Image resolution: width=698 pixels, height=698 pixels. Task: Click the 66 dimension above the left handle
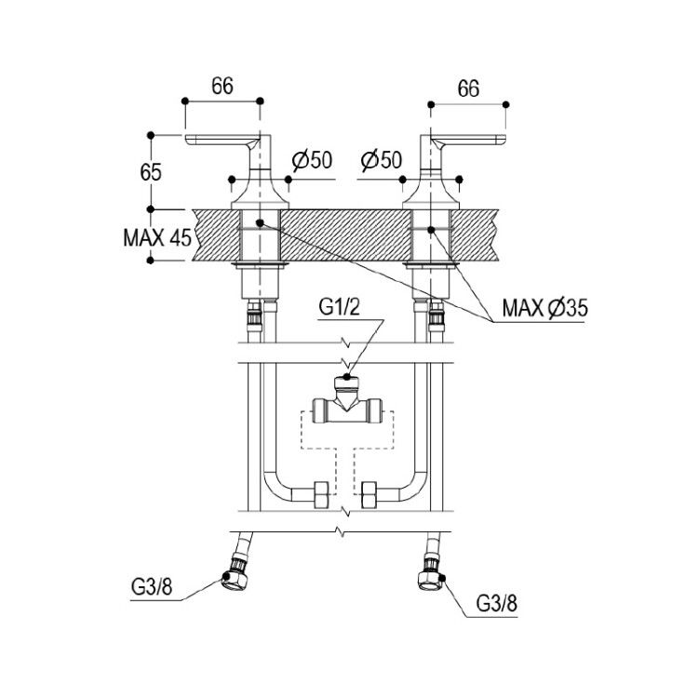(222, 86)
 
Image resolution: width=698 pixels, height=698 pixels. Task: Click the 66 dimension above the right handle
(468, 88)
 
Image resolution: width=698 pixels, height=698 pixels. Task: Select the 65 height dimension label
(151, 172)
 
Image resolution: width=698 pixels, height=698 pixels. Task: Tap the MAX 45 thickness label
(157, 237)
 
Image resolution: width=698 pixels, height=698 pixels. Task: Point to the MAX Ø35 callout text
(545, 308)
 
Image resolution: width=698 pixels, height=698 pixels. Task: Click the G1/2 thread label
(339, 307)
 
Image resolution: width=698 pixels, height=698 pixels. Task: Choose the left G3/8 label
(152, 587)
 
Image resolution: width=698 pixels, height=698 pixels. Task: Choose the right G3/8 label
(497, 604)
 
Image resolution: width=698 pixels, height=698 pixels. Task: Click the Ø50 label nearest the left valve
(312, 160)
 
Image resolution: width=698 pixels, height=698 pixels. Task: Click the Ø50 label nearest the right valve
(382, 160)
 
